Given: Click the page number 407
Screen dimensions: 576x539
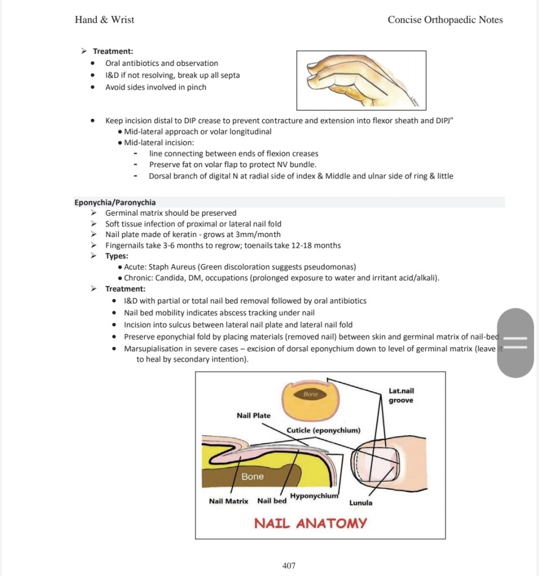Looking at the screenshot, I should (x=288, y=565).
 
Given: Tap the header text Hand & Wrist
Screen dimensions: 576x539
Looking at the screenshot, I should (x=104, y=20).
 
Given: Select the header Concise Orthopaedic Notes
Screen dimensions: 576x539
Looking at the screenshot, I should (x=445, y=20).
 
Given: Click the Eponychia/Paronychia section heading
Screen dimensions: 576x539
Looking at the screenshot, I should (x=115, y=202).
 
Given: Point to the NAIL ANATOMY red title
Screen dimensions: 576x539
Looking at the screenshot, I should (x=310, y=523).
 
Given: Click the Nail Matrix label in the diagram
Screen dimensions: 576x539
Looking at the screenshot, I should (x=228, y=501).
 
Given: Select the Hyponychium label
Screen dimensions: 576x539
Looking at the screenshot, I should (x=314, y=496).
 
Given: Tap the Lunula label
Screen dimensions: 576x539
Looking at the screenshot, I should (x=360, y=503).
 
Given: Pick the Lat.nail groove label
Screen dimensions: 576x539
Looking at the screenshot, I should (x=401, y=395).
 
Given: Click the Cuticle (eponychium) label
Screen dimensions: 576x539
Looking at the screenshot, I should (x=323, y=430).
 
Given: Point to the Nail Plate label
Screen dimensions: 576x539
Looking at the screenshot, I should (x=253, y=416).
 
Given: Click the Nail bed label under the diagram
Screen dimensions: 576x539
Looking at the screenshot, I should (x=271, y=501).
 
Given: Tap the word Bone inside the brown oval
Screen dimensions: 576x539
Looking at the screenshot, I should (x=311, y=395).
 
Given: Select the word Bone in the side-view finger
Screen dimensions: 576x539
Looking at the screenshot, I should (x=252, y=476).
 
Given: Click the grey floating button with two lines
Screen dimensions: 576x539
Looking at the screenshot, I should (x=515, y=342).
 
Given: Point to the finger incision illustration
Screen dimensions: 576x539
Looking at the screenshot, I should (x=361, y=80).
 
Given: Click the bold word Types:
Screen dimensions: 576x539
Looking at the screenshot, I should (x=117, y=256).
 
